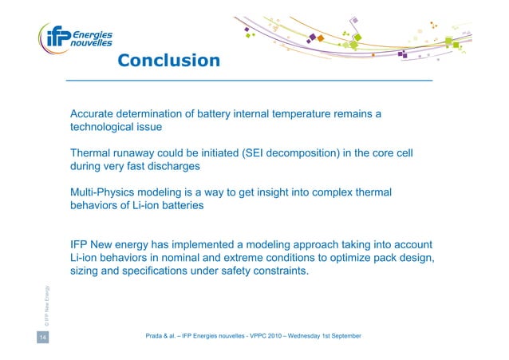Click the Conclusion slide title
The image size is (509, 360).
(168, 61)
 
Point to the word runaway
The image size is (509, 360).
(141, 153)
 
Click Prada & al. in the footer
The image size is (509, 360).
(165, 338)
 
